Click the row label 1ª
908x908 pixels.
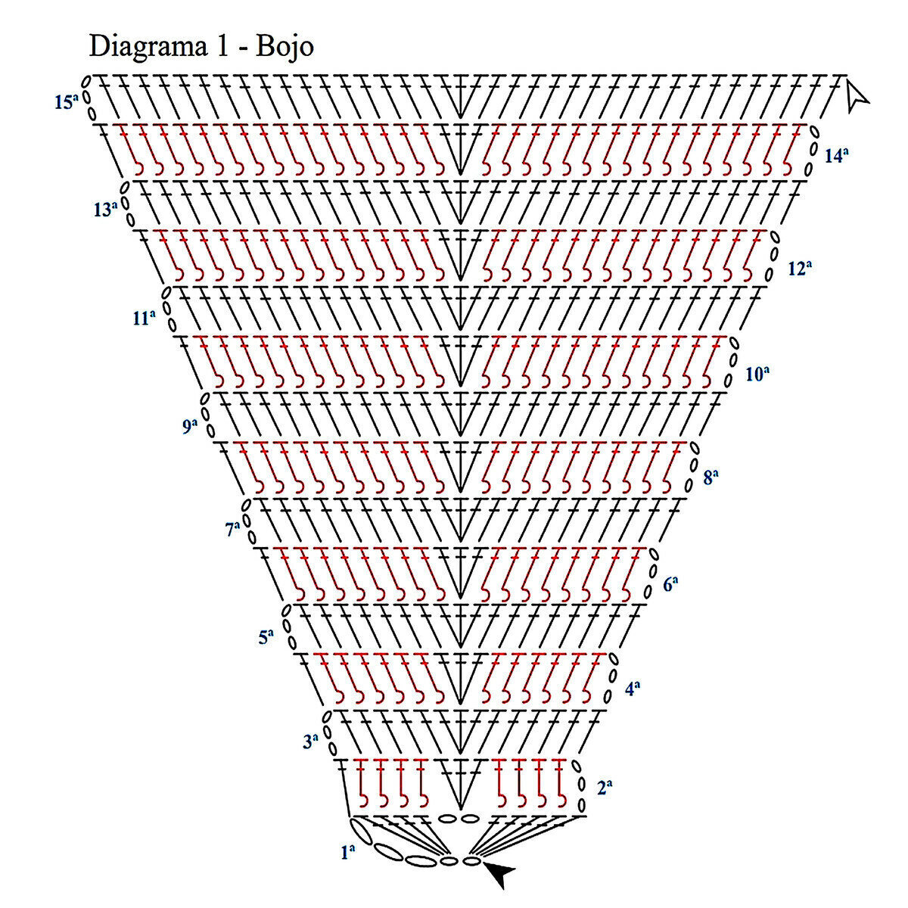348,853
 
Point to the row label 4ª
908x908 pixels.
633,689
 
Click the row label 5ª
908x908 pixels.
266,637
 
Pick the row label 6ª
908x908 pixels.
670,584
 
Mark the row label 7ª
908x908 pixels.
232,530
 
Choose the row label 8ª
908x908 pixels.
711,477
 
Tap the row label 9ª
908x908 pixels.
189,427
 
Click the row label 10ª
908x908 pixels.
757,373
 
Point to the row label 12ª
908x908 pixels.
799,268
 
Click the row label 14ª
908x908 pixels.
836,157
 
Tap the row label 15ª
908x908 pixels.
67,101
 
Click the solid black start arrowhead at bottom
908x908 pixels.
499,873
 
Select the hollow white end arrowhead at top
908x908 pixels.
857,96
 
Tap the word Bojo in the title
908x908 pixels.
285,47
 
